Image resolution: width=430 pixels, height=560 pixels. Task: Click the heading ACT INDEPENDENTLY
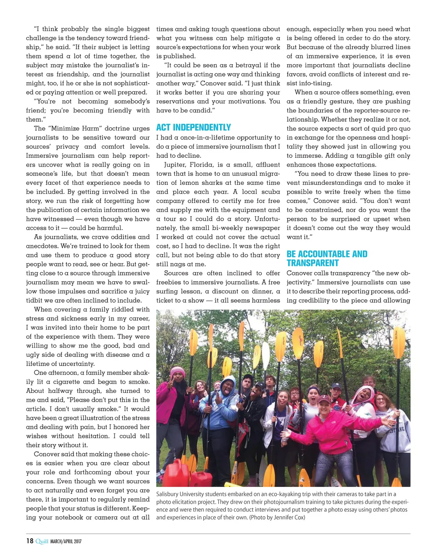pos(194,128)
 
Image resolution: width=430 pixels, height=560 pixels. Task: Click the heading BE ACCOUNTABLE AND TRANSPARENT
pos(327,259)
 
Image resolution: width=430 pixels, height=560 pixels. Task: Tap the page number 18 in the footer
pos(30,541)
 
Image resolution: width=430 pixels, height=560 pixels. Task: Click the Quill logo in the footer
pos(42,541)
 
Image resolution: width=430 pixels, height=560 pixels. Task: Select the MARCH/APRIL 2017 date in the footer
pos(66,542)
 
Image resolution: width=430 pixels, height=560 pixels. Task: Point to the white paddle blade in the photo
pos(265,355)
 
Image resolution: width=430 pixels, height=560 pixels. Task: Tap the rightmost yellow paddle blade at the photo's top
pos(399,342)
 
